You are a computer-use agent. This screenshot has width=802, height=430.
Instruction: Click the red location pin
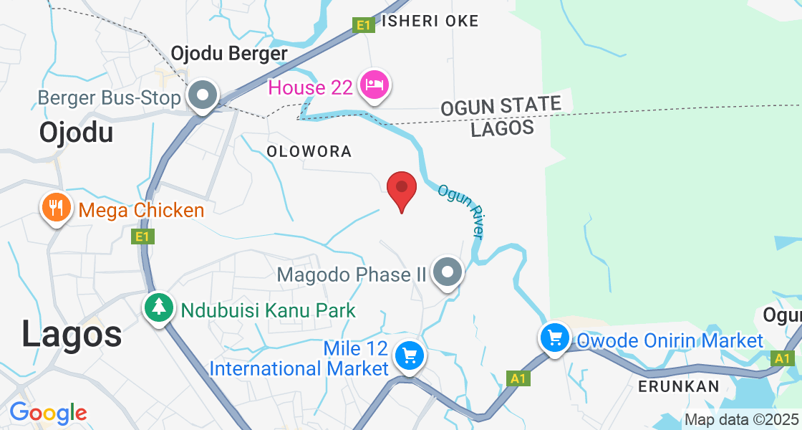coord(402,188)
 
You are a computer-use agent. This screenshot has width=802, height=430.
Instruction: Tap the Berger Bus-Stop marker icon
coord(203,95)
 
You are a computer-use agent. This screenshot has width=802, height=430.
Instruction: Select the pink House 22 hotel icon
coord(375,85)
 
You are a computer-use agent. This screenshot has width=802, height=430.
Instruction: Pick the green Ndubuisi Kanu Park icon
coord(158,307)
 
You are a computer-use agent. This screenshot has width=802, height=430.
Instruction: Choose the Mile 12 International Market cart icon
coord(409,355)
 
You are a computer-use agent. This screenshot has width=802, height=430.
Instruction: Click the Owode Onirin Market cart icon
coord(556,337)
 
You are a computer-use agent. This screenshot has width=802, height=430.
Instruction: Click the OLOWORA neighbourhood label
coord(309,151)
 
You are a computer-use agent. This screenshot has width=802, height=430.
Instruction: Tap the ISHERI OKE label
coord(430,21)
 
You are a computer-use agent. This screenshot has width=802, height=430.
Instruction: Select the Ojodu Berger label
coord(229,54)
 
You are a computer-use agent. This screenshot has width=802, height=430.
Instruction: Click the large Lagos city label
coord(72,335)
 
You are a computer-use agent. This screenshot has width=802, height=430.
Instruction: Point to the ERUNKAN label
coord(680,386)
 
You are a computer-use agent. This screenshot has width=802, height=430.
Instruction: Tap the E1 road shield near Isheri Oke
coord(364,26)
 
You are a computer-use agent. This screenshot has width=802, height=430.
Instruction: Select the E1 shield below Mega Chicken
coord(143,236)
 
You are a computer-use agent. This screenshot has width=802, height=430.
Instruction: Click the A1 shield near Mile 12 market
coord(517,377)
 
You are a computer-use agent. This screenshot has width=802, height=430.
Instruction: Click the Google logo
coord(48,413)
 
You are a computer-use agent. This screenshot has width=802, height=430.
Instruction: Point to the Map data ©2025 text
coord(741,419)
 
